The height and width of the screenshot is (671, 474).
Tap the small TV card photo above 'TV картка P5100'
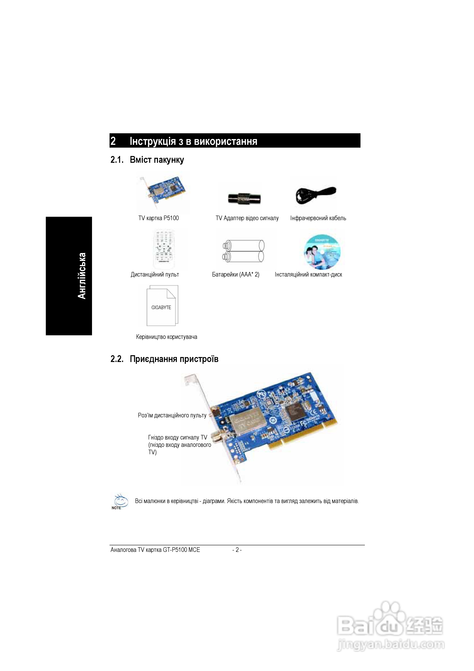(163, 192)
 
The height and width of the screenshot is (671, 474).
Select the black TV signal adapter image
(244, 199)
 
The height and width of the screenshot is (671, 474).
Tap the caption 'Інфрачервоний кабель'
(318, 218)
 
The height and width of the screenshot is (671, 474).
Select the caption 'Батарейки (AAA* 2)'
(236, 274)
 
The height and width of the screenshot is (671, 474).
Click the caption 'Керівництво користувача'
(166, 337)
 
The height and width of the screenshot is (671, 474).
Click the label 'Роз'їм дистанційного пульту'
(172, 415)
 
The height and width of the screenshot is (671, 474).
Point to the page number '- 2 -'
(237, 550)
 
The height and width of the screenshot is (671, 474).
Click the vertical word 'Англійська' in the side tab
(82, 276)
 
